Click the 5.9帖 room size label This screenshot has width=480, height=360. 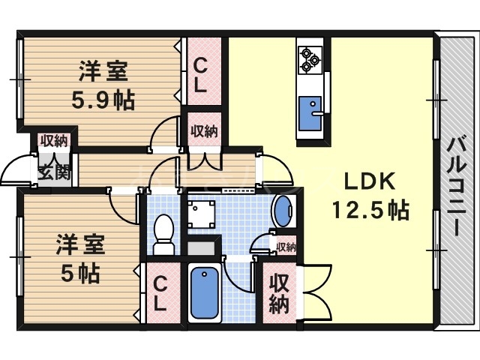pos(103,100)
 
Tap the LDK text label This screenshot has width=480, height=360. pos(365,181)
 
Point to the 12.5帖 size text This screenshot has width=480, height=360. pos(371,211)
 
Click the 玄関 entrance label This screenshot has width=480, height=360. pos(53,172)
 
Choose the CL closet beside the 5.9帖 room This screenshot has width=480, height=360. pos(199,76)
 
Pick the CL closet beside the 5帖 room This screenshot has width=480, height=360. pos(160,293)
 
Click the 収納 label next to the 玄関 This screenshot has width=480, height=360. pos(53,141)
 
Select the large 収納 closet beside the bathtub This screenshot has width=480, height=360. pos(279,293)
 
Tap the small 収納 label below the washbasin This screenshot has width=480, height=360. pos(286,247)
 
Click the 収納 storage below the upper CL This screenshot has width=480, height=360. pos(203,132)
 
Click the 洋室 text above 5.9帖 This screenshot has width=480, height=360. pos(103,74)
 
